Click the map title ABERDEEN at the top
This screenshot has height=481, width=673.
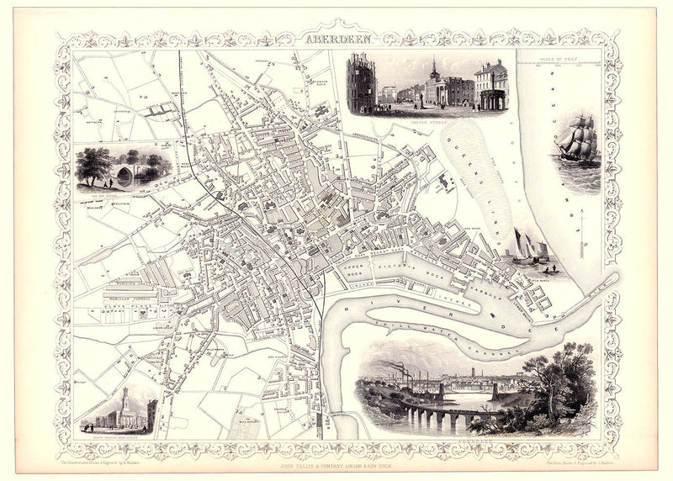(x=336, y=40)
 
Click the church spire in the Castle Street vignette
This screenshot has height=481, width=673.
(x=432, y=69)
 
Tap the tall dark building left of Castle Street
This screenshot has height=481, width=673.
(x=363, y=84)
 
